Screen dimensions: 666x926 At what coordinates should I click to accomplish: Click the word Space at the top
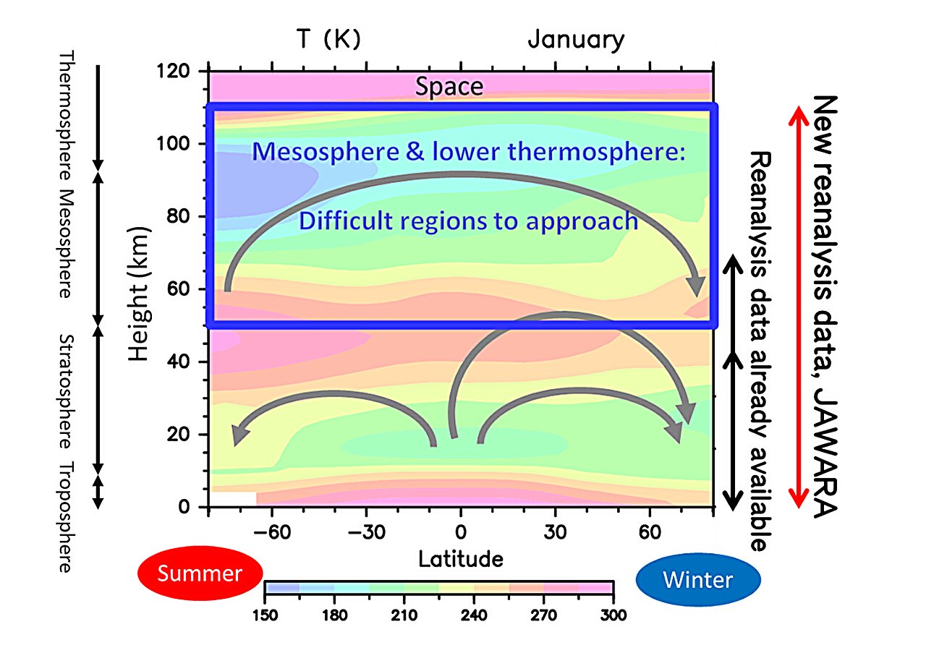[449, 87]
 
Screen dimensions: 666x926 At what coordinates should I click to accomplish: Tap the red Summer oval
[200, 573]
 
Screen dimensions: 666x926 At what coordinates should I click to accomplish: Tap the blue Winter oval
[697, 579]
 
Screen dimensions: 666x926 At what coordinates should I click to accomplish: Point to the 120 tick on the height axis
[174, 72]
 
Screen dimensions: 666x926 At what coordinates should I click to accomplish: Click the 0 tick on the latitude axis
[460, 533]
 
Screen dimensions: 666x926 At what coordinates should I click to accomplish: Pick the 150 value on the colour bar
[266, 615]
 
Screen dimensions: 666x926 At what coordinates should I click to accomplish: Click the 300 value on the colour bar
[613, 615]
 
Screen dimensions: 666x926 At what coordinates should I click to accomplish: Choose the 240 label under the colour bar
[474, 615]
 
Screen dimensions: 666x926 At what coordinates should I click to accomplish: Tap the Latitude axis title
[460, 558]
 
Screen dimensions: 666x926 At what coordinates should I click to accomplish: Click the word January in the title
[575, 39]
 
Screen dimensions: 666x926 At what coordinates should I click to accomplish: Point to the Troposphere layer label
[65, 518]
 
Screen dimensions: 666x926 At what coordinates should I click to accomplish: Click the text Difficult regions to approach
[468, 221]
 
